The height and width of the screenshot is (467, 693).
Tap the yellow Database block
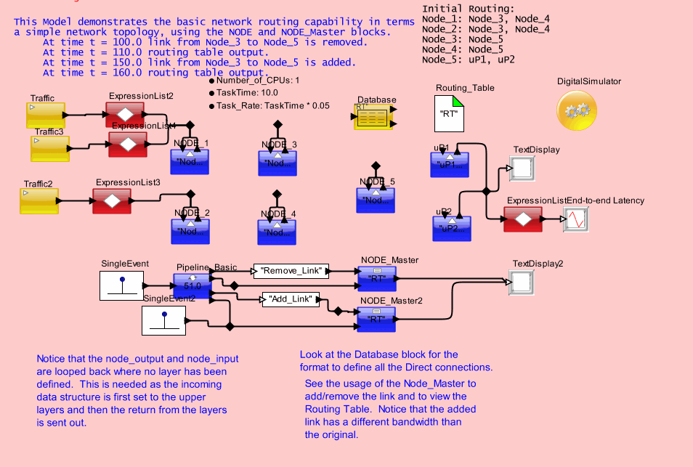tap(373, 117)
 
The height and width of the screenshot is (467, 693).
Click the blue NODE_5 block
tap(375, 200)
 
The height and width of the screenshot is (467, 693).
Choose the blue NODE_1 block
tap(189, 161)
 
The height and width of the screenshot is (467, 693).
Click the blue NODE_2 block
tap(190, 230)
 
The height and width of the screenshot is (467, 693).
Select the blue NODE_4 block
tap(277, 232)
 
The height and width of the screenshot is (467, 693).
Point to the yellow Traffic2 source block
tap(38, 200)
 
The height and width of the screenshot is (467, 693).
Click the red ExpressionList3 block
tap(110, 200)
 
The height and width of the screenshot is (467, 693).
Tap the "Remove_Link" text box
tap(291, 271)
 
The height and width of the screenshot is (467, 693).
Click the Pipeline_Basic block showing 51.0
tap(191, 285)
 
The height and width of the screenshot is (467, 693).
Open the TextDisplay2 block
tap(522, 281)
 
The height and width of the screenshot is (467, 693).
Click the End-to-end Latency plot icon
tap(576, 219)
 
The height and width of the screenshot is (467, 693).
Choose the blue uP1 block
tap(450, 163)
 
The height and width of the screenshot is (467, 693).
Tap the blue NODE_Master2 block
tap(377, 318)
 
